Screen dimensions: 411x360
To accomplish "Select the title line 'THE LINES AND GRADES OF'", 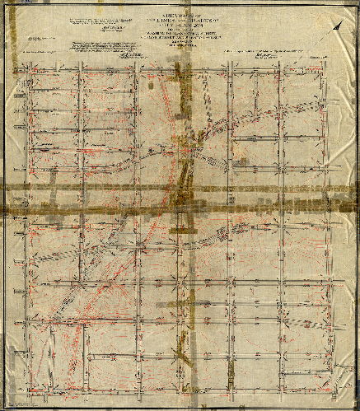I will point(180,20).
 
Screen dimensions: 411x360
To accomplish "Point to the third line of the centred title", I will point(180,26).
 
